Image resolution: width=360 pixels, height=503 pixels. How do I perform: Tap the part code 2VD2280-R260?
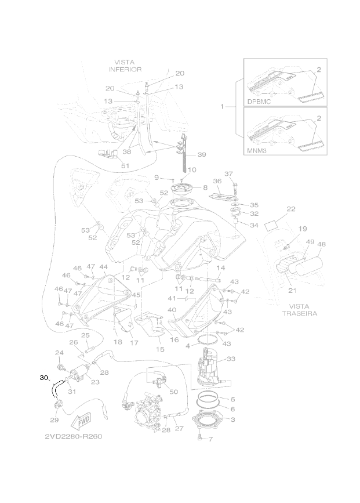[74, 436]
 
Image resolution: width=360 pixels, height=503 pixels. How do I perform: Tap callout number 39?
[201, 154]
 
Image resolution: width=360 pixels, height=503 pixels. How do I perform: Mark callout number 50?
[172, 392]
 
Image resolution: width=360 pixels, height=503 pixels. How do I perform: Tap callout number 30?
[43, 378]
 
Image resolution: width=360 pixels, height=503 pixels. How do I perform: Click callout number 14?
[220, 268]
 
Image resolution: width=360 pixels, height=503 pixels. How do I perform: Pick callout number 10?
[191, 169]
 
